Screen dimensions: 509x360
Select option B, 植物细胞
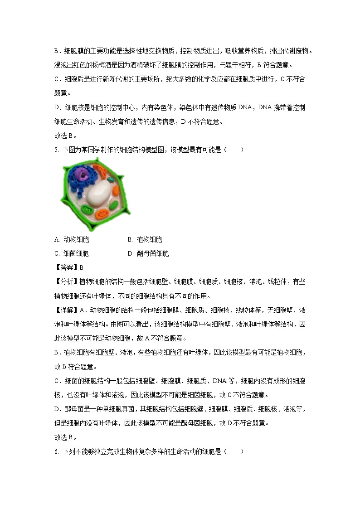[145, 239]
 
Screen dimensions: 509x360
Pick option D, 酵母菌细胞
[148, 253]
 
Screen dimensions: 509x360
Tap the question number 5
[56, 150]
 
